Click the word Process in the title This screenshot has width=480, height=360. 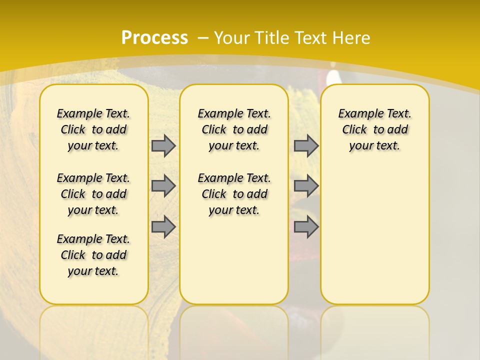pyautogui.click(x=154, y=37)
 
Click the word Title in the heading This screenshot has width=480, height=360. pyautogui.click(x=273, y=37)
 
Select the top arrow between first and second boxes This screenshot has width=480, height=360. pyautogui.click(x=163, y=145)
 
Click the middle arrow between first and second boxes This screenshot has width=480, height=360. pyautogui.click(x=163, y=186)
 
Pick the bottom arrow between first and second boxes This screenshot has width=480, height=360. pyautogui.click(x=163, y=227)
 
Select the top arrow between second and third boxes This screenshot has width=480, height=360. pyautogui.click(x=306, y=145)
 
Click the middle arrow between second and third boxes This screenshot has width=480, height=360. pyautogui.click(x=306, y=186)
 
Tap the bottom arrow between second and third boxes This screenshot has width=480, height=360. pyautogui.click(x=306, y=227)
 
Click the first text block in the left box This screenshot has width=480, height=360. pyautogui.click(x=93, y=129)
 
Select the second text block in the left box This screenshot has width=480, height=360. pyautogui.click(x=93, y=194)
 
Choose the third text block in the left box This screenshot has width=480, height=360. pyautogui.click(x=93, y=255)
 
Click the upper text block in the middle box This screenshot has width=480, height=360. pyautogui.click(x=234, y=129)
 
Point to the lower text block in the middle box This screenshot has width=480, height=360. pyautogui.click(x=234, y=194)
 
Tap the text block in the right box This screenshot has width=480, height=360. pyautogui.click(x=375, y=129)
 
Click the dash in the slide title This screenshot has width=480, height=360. pyautogui.click(x=203, y=37)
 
